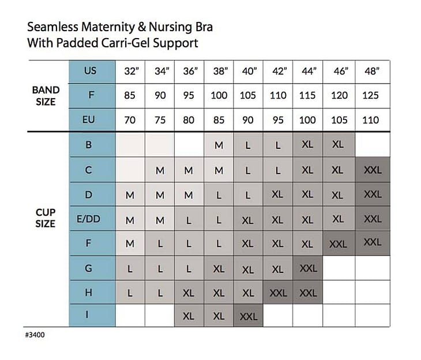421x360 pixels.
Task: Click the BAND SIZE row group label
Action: click(46, 96)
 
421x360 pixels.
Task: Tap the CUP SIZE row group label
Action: click(46, 218)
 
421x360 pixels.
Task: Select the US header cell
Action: click(91, 72)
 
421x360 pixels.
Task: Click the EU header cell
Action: click(91, 120)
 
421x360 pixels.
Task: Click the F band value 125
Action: click(371, 96)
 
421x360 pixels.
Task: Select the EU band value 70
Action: click(130, 120)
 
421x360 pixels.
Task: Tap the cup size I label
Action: click(88, 316)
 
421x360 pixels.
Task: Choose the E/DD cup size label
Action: click(88, 219)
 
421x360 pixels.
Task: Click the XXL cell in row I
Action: click(248, 317)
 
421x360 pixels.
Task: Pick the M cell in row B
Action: click(219, 145)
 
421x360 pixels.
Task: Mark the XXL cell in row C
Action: click(373, 170)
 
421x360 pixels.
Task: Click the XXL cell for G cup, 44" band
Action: click(308, 268)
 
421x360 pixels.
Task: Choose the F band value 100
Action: click(219, 96)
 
